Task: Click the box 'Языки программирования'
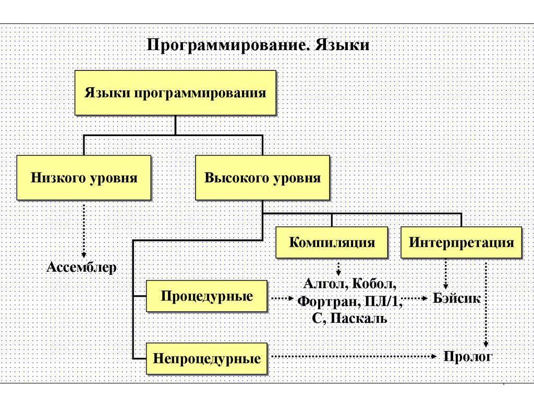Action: [175, 93]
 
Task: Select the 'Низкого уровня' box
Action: [83, 178]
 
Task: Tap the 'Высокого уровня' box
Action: [262, 178]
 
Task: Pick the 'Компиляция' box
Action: [332, 243]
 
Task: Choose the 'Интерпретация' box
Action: [461, 243]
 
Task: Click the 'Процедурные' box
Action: [207, 296]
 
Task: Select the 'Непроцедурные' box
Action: [207, 359]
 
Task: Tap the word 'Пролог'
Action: [468, 357]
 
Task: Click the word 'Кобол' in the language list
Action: [374, 285]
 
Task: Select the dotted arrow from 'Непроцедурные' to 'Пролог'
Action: [355, 357]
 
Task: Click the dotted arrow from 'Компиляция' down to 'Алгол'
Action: [338, 268]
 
